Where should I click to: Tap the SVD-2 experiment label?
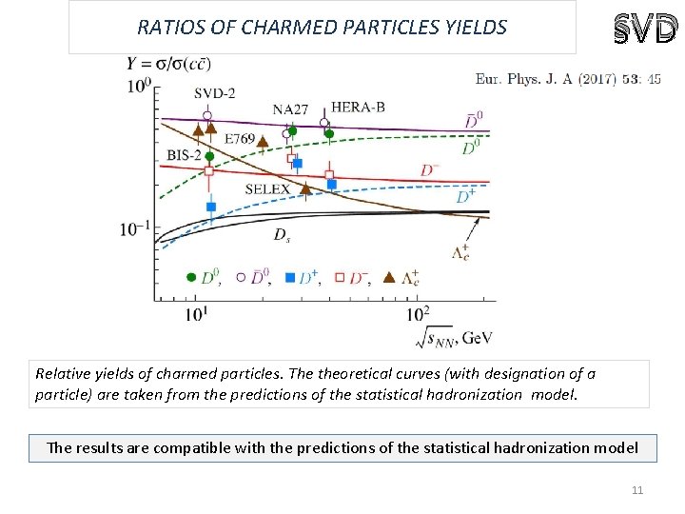click(216, 93)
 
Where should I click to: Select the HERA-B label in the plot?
click(358, 107)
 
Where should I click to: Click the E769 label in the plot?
click(240, 139)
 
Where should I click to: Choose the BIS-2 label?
click(183, 154)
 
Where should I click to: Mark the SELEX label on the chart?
click(267, 189)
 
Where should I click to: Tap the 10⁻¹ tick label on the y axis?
click(134, 228)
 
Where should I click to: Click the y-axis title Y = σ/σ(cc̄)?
click(168, 64)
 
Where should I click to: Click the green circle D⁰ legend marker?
click(192, 278)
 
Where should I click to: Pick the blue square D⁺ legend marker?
click(291, 278)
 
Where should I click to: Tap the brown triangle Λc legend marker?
click(388, 278)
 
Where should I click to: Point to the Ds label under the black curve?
click(283, 234)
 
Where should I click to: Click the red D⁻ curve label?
click(431, 170)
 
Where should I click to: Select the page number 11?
click(637, 490)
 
